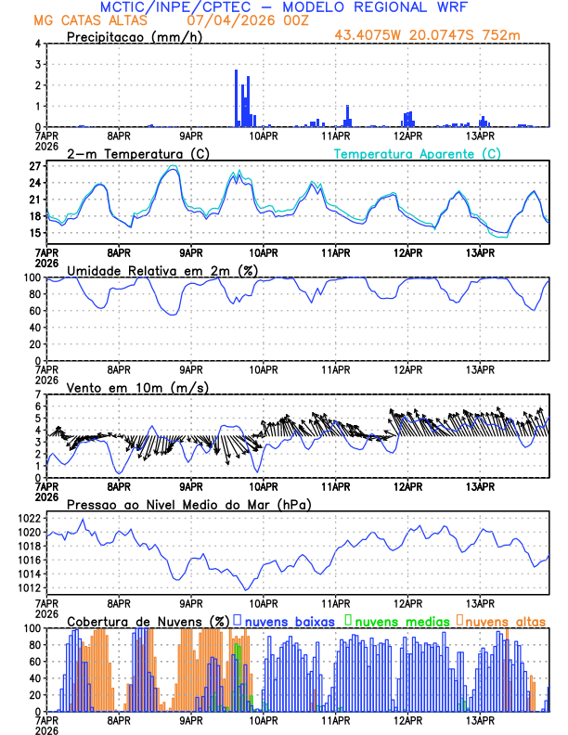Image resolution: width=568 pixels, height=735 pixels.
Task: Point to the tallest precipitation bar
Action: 237,97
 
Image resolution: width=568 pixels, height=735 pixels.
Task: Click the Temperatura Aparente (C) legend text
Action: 418,153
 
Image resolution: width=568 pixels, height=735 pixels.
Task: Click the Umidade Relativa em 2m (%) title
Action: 162,269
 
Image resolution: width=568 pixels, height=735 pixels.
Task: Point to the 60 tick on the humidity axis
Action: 34,311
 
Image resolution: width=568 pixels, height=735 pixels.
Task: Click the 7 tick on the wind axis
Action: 38,394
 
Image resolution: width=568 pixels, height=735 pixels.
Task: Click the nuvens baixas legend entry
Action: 289,620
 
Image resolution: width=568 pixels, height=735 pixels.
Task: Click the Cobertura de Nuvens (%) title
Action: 148,620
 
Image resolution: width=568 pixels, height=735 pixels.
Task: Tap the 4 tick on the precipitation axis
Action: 38,44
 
